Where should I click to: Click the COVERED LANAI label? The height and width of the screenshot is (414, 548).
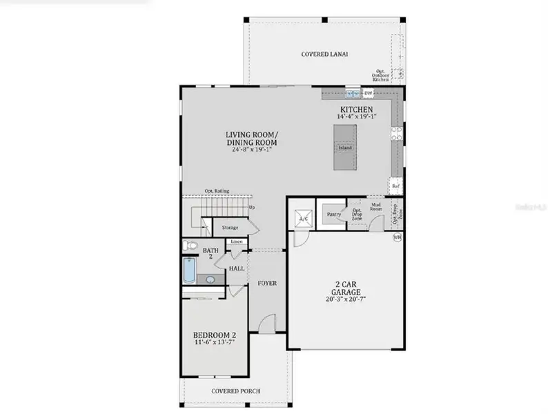pyautogui.click(x=324, y=54)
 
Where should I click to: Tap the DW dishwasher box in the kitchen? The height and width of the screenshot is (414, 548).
pyautogui.click(x=369, y=93)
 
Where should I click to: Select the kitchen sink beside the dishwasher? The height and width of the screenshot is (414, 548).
pyautogui.click(x=353, y=93)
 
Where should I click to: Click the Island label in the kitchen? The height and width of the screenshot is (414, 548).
pyautogui.click(x=345, y=148)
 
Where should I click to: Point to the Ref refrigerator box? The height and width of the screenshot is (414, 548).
pyautogui.click(x=395, y=186)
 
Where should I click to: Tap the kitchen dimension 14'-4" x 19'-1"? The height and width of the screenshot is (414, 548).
pyautogui.click(x=355, y=117)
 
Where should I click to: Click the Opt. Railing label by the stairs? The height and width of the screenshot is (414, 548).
pyautogui.click(x=217, y=191)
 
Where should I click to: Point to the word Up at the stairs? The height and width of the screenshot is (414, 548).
pyautogui.click(x=251, y=207)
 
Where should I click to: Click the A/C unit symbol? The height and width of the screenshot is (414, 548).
pyautogui.click(x=302, y=219)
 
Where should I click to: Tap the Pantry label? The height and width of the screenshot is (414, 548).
pyautogui.click(x=334, y=215)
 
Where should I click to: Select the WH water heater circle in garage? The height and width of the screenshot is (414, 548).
pyautogui.click(x=397, y=237)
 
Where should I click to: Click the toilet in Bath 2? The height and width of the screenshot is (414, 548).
pyautogui.click(x=190, y=245)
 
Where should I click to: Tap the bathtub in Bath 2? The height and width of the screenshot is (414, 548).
pyautogui.click(x=189, y=270)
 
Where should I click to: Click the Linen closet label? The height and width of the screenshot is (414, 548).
pyautogui.click(x=236, y=242)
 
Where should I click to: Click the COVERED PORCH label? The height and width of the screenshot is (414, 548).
pyautogui.click(x=236, y=391)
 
